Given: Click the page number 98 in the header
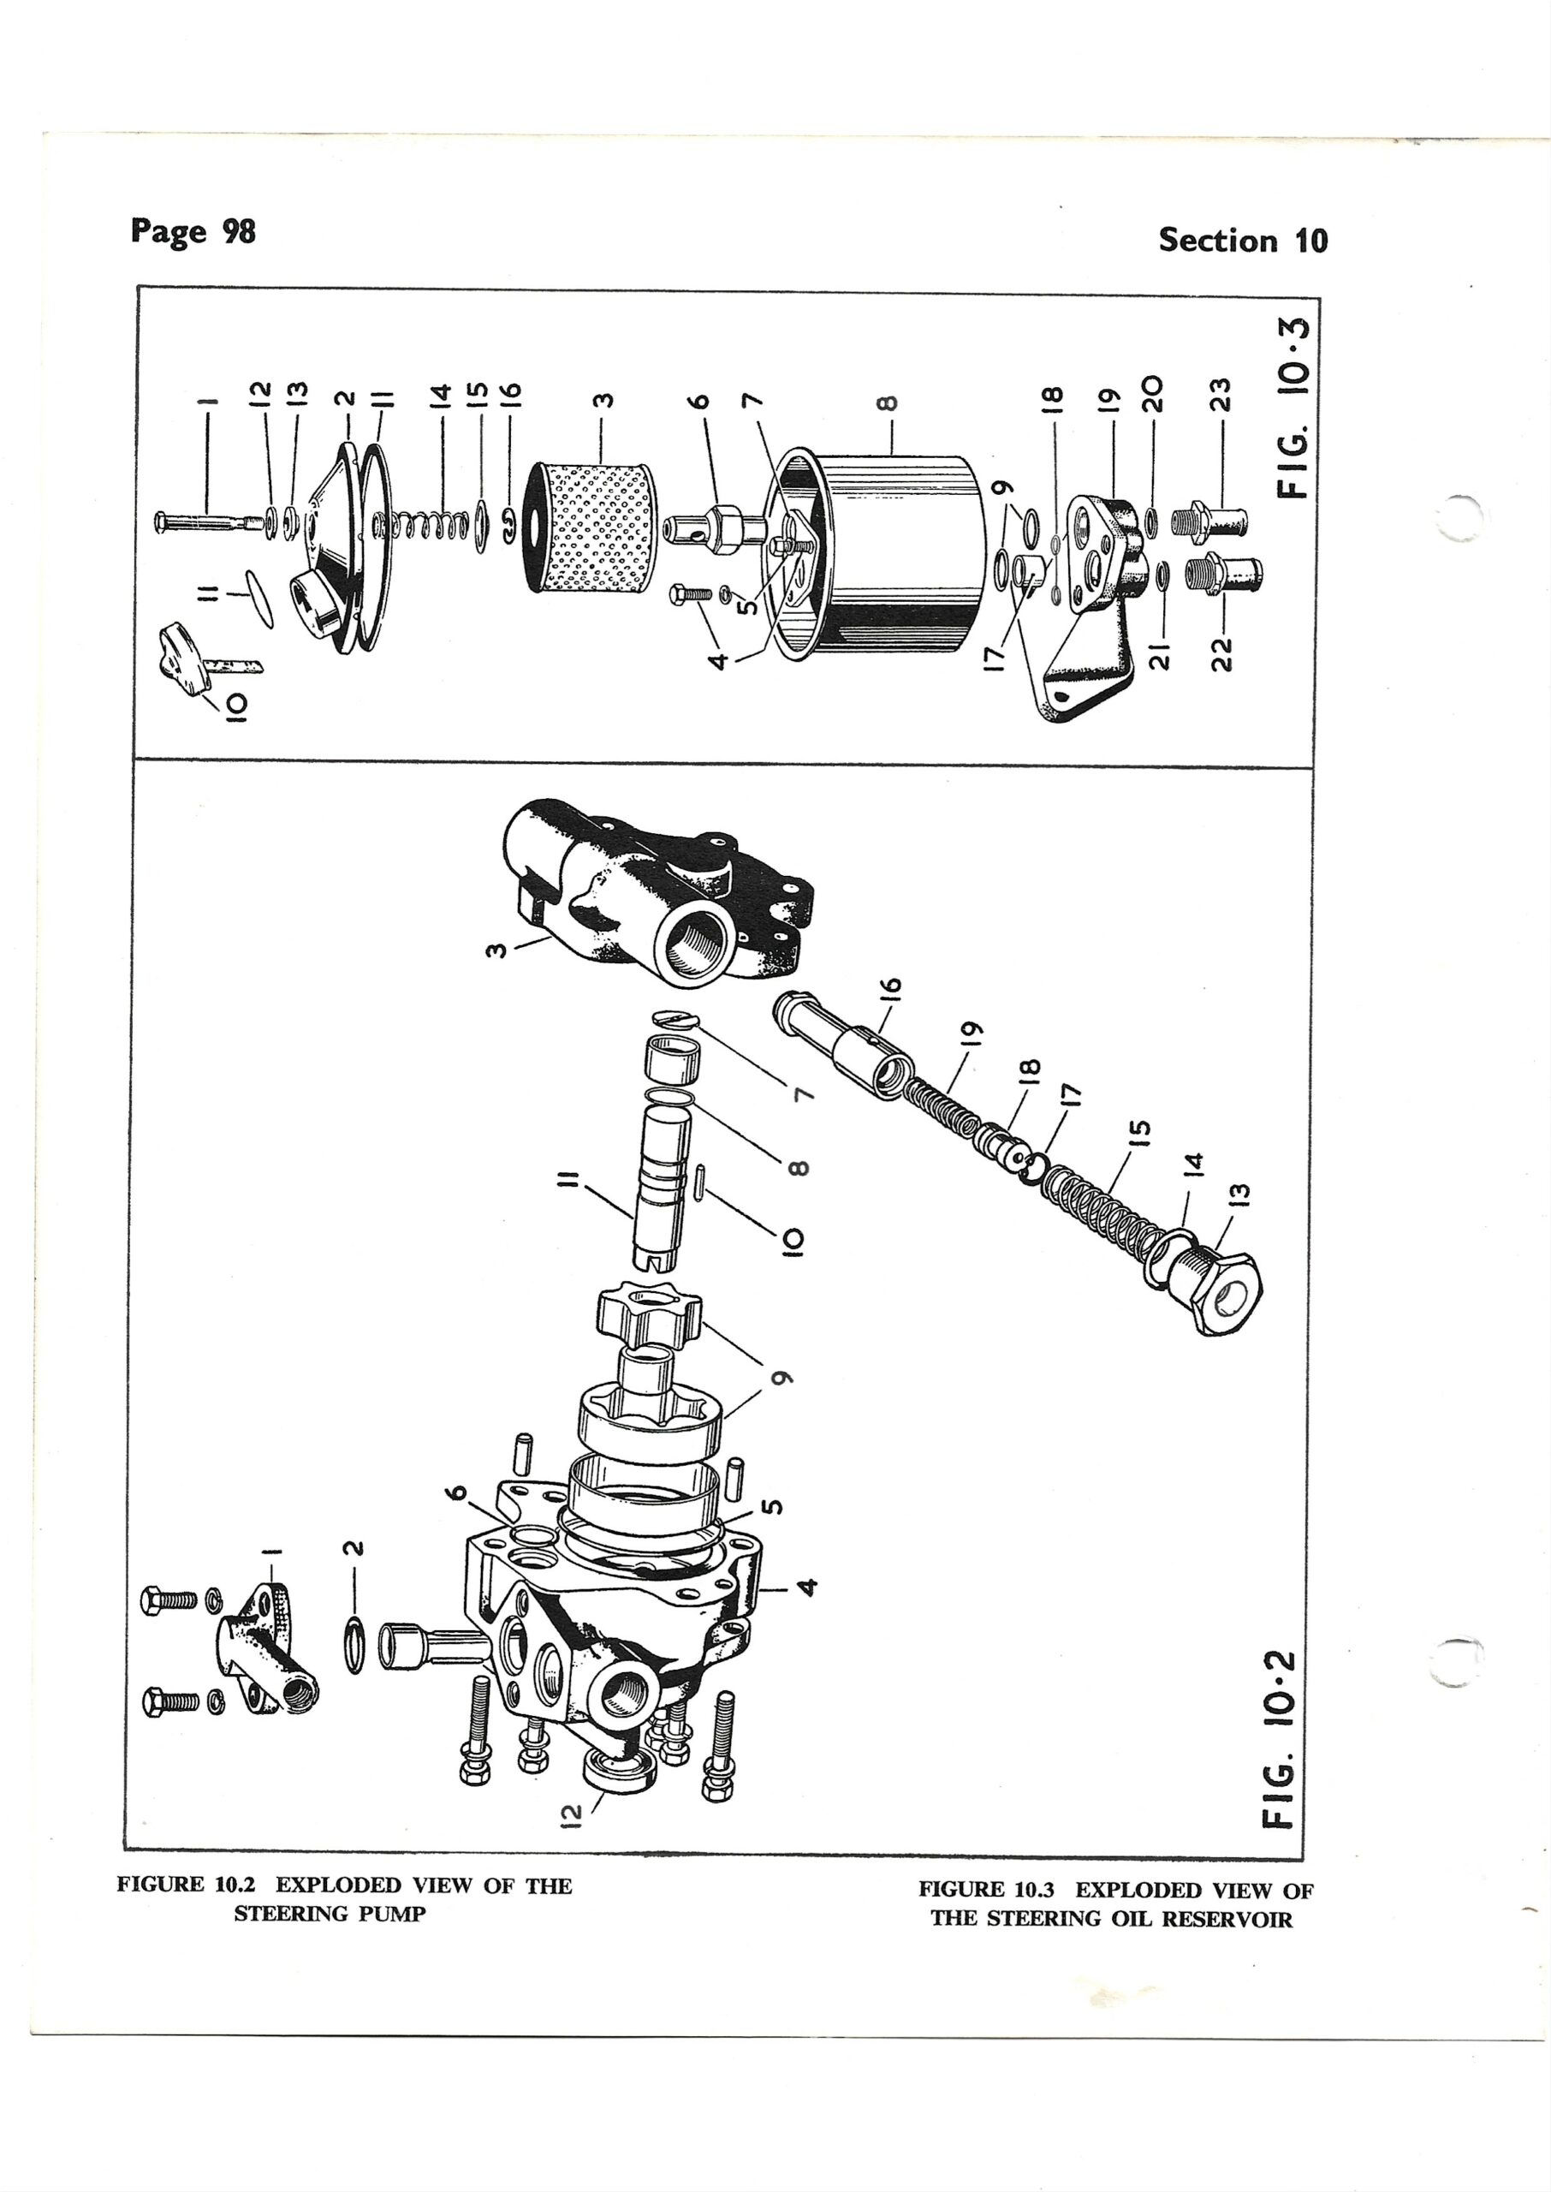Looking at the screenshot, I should [239, 231].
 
